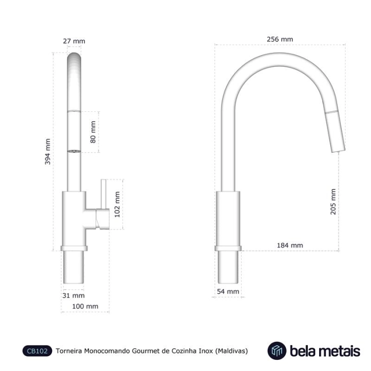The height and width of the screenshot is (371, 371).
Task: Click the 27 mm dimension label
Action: point(74,41)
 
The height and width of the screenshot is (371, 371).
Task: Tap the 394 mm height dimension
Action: point(48,152)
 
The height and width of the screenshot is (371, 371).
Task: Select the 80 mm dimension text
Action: point(93,132)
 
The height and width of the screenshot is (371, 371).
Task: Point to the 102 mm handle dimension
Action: point(117,205)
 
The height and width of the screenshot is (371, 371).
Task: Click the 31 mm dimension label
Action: point(74,296)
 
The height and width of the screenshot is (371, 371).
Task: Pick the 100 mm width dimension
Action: point(85,306)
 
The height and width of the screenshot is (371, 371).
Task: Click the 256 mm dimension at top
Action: point(280,39)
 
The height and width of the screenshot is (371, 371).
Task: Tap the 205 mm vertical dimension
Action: point(333,202)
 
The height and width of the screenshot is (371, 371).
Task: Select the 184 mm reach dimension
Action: point(290,245)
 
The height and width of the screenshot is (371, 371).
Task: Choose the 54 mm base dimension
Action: point(228,291)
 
